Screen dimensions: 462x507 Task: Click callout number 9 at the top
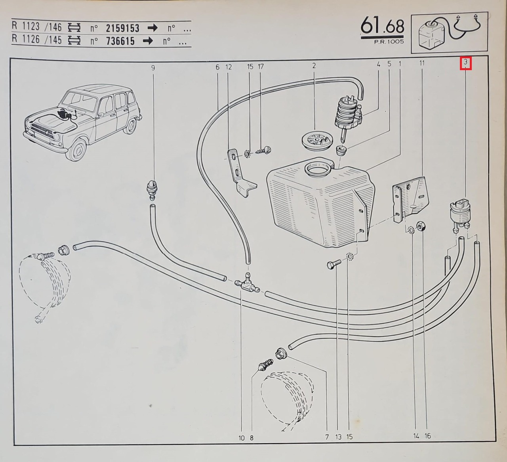pos(153,68)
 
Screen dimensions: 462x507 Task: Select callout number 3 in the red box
pos(465,63)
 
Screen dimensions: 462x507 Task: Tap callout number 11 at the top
pos(422,63)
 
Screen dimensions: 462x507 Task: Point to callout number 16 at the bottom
pos(427,436)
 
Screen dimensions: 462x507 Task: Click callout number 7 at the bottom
pos(327,437)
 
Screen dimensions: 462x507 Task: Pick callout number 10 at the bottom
pos(242,438)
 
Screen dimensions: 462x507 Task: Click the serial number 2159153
pos(122,29)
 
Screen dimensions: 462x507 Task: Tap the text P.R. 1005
pos(389,42)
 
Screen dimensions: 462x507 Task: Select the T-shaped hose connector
pos(246,282)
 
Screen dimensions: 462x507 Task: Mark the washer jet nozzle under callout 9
pos(152,189)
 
